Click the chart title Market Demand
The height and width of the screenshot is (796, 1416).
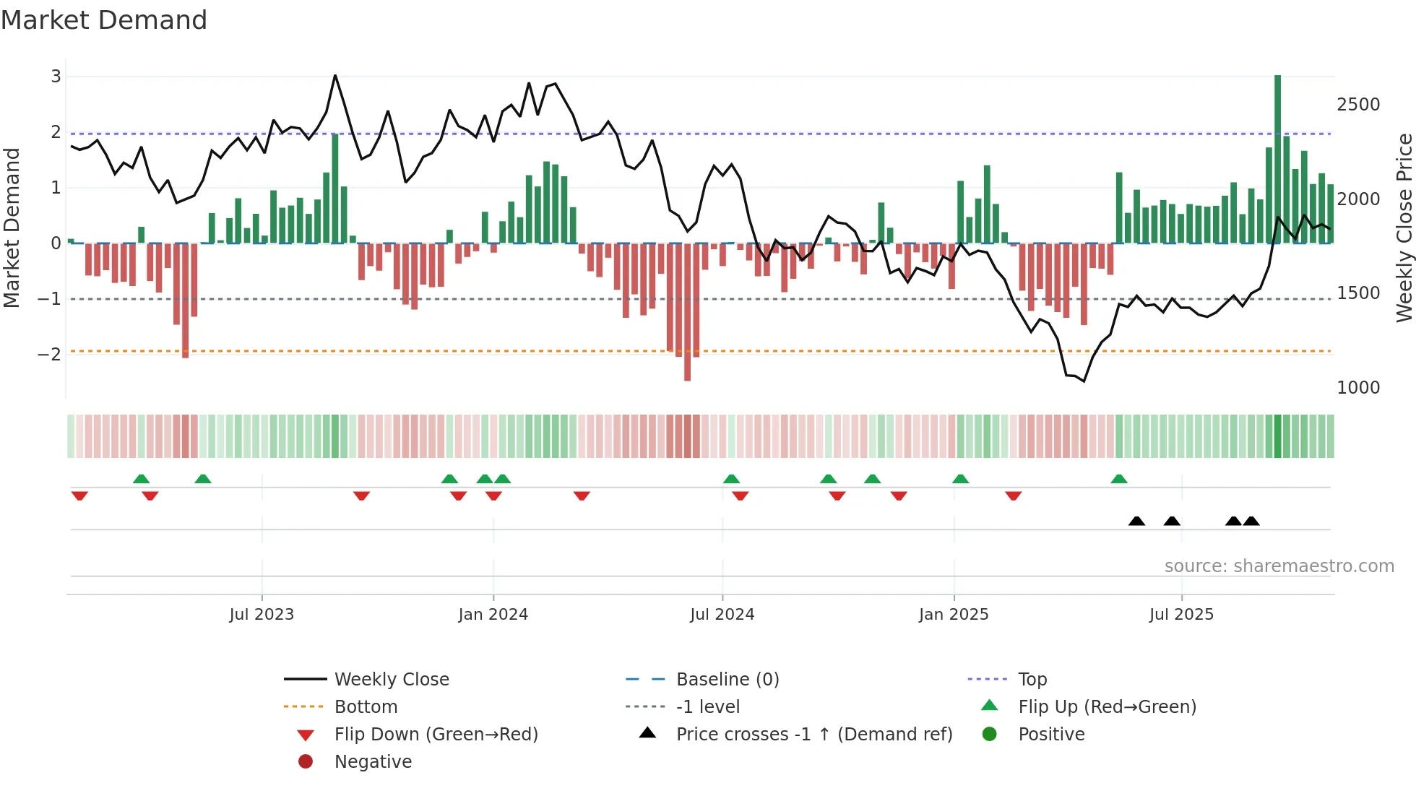pyautogui.click(x=104, y=20)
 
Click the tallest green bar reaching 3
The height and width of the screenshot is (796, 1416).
pyautogui.click(x=1277, y=159)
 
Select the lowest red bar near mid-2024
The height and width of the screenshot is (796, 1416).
pyautogui.click(x=687, y=311)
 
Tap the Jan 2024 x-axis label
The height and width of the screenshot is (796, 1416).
pyautogui.click(x=493, y=615)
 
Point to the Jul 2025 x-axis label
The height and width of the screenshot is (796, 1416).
pyautogui.click(x=1181, y=615)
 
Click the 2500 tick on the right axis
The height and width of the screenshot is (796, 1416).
pyautogui.click(x=1357, y=105)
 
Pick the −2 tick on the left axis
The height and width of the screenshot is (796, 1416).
pyautogui.click(x=49, y=354)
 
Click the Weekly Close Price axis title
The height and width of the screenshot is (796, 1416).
pyautogui.click(x=1404, y=228)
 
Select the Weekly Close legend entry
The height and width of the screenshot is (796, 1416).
pyautogui.click(x=391, y=680)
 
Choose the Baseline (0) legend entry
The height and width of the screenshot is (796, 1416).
pyautogui.click(x=727, y=680)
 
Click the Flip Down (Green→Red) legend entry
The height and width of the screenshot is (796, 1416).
pyautogui.click(x=436, y=735)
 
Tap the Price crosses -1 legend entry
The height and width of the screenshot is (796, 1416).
pyautogui.click(x=813, y=735)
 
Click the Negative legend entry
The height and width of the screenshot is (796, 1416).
pyautogui.click(x=373, y=762)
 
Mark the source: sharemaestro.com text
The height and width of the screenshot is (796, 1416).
pyautogui.click(x=1279, y=566)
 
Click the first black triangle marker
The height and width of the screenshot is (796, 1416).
pyautogui.click(x=1136, y=522)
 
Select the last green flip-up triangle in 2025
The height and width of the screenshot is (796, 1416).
pyautogui.click(x=1118, y=479)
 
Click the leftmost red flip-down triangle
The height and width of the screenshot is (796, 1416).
pyautogui.click(x=79, y=496)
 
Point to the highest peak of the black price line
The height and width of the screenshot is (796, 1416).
pyautogui.click(x=334, y=75)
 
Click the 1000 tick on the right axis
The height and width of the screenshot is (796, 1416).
pyautogui.click(x=1357, y=388)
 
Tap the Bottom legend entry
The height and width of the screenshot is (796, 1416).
pyautogui.click(x=366, y=707)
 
